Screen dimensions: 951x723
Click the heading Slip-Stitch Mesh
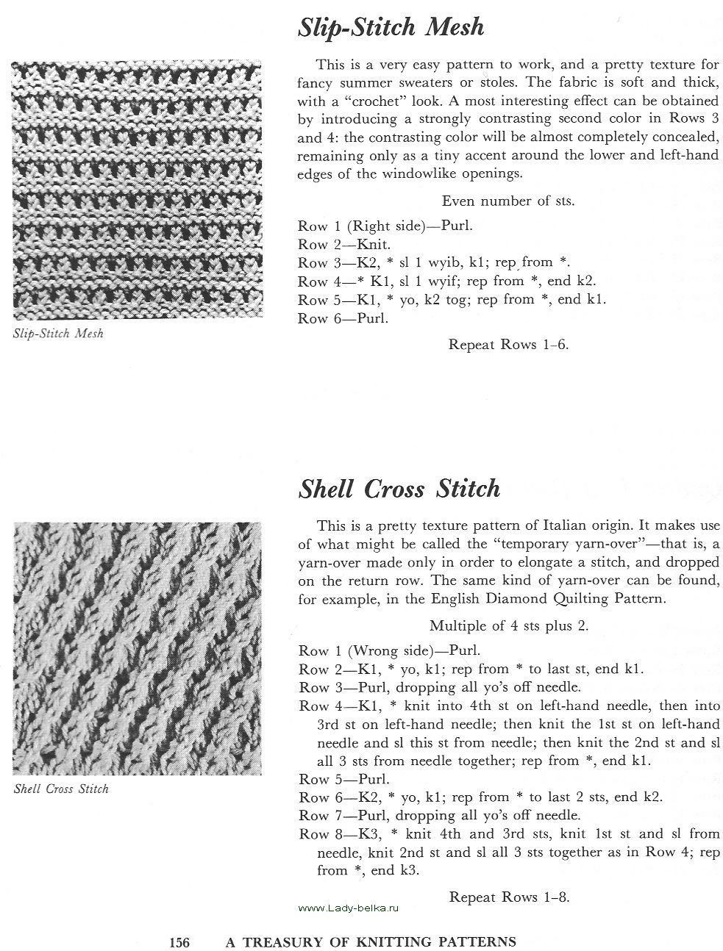coord(391,28)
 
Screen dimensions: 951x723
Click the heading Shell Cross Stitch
coord(399,489)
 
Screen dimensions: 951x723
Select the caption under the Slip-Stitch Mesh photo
coord(59,334)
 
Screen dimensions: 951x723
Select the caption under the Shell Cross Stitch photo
coord(61,789)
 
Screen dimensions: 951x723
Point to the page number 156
coord(179,941)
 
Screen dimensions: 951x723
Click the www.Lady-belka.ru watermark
coord(348,909)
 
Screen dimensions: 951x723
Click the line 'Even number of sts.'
coord(508,201)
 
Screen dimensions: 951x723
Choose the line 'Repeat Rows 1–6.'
coord(508,344)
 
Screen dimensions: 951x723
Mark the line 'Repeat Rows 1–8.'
coord(509,897)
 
